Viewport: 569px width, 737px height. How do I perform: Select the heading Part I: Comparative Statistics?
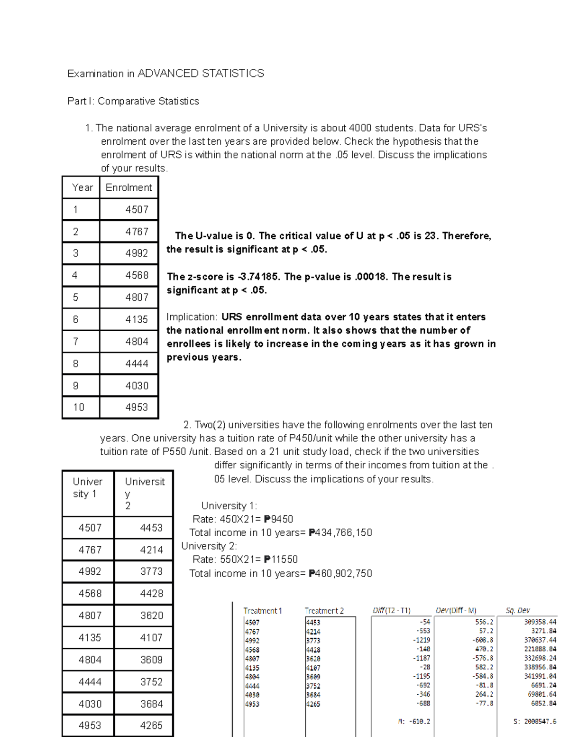(133, 101)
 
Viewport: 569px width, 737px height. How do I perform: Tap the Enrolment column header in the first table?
(128, 187)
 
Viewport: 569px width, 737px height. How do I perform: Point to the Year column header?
(82, 187)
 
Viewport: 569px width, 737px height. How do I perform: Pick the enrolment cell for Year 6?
(137, 319)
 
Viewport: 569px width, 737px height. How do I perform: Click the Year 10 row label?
(79, 407)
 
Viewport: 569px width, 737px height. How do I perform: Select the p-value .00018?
(370, 277)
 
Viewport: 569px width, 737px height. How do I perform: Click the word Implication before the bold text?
(192, 317)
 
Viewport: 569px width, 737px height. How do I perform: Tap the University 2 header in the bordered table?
(144, 494)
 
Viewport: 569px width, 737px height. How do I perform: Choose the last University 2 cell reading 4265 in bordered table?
(151, 725)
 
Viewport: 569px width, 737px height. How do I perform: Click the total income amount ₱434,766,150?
(340, 532)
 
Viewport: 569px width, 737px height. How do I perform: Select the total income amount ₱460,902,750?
(340, 573)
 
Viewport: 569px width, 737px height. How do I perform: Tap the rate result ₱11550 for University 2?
(281, 560)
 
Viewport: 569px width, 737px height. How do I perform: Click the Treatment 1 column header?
(263, 611)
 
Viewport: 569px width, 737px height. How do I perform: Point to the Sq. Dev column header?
(517, 611)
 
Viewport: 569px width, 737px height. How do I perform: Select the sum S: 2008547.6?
(534, 721)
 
